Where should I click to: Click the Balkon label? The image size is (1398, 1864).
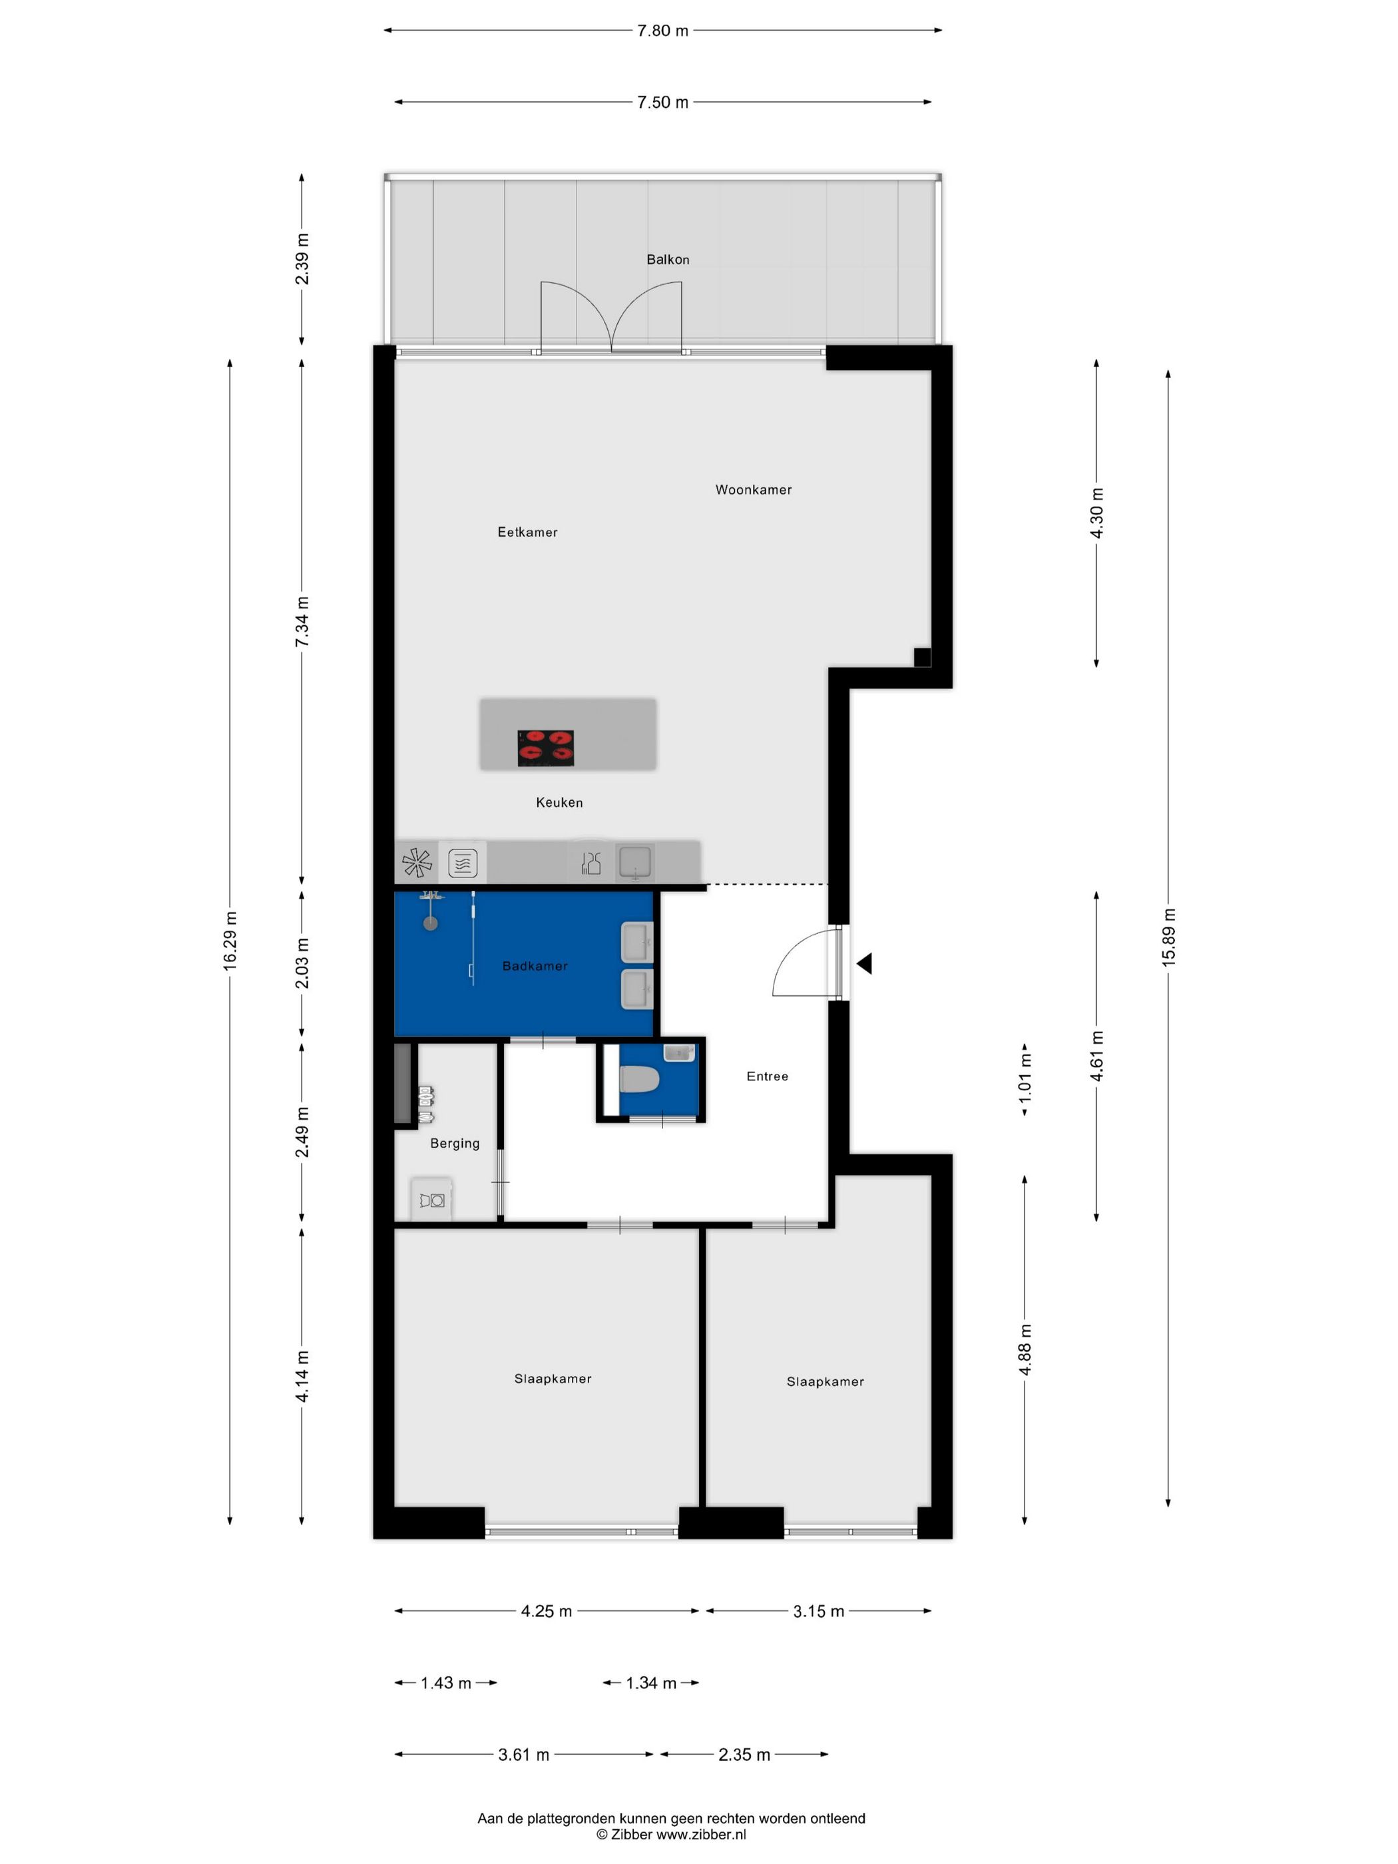pyautogui.click(x=668, y=260)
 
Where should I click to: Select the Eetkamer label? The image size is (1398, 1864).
pyautogui.click(x=527, y=532)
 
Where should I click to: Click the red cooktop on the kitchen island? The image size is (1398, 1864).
pyautogui.click(x=545, y=748)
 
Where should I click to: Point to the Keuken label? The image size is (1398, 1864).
pyautogui.click(x=559, y=802)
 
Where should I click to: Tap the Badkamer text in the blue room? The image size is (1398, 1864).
pyautogui.click(x=535, y=966)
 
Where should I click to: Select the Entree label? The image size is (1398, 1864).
pyautogui.click(x=767, y=1076)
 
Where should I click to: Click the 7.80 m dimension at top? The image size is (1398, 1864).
pyautogui.click(x=662, y=31)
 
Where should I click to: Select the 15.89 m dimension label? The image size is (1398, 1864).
pyautogui.click(x=1168, y=937)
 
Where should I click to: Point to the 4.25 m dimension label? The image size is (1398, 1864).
pyautogui.click(x=546, y=1611)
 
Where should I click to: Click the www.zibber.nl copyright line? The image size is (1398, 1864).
pyautogui.click(x=671, y=1835)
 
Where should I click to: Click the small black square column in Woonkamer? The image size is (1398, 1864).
pyautogui.click(x=922, y=657)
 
